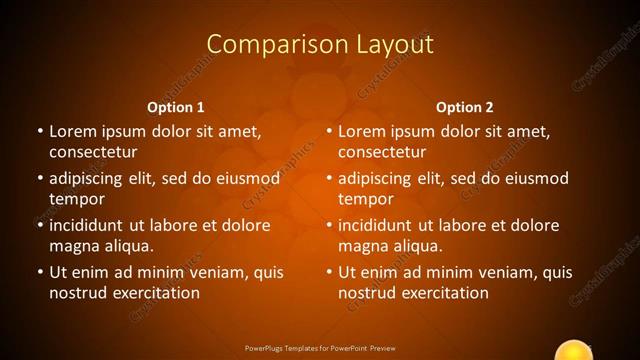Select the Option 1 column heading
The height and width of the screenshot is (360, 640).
pyautogui.click(x=176, y=107)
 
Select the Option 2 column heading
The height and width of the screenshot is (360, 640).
pyautogui.click(x=465, y=107)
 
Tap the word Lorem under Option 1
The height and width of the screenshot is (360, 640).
pyautogui.click(x=72, y=131)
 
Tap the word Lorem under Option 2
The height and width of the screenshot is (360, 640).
pyautogui.click(x=361, y=131)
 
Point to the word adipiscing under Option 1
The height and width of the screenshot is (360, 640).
pyautogui.click(x=94, y=179)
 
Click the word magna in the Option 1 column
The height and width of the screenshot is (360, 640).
pyautogui.click(x=73, y=247)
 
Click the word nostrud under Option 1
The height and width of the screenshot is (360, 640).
pyautogui.click(x=78, y=293)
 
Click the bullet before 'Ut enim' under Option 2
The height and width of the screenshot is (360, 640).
pyautogui.click(x=328, y=271)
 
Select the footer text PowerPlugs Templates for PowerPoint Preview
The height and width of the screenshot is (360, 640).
pyautogui.click(x=320, y=349)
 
